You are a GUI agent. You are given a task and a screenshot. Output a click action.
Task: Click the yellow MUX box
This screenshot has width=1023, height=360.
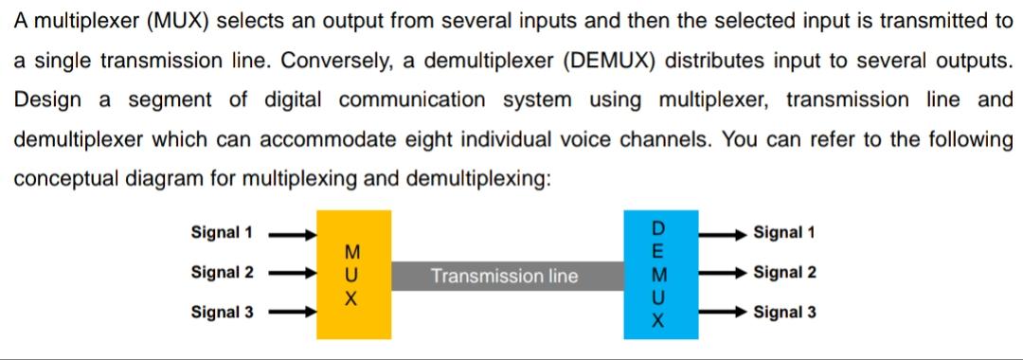click(352, 275)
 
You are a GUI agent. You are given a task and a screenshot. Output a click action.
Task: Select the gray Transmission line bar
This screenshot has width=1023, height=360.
click(503, 277)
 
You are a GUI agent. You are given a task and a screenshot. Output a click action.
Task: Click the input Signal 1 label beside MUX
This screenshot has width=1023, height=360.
click(222, 232)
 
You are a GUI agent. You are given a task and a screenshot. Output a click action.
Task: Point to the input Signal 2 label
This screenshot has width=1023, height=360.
click(222, 273)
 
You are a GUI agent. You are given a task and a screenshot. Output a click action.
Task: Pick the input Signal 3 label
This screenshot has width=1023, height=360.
click(222, 312)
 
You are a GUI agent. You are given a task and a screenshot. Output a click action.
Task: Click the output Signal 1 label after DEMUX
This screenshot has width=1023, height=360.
click(784, 232)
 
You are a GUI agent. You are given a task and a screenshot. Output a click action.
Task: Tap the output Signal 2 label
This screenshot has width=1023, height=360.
click(784, 273)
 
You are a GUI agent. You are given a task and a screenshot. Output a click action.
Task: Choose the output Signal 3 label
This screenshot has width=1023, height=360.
click(784, 312)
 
